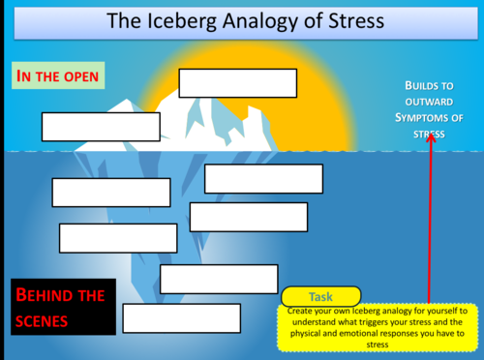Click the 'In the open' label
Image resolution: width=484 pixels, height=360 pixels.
[x=57, y=75]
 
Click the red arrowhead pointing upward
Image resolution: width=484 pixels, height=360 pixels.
[x=430, y=136]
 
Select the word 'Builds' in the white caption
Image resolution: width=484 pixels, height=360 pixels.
[x=423, y=86]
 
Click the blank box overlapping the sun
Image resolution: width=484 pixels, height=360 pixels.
[x=238, y=83]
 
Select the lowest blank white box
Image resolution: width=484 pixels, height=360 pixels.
[x=181, y=317]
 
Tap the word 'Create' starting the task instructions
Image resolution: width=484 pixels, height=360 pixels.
[x=302, y=311]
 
